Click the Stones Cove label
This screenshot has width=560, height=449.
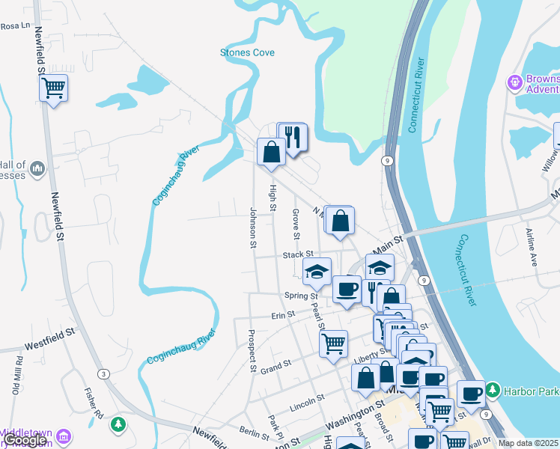click(x=247, y=52)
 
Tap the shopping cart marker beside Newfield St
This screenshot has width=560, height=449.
click(x=53, y=88)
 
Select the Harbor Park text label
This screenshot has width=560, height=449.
click(x=530, y=390)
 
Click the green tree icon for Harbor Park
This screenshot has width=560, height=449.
click(x=493, y=390)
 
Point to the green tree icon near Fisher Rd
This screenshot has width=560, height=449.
click(x=118, y=425)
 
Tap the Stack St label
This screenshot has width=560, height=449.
click(x=297, y=255)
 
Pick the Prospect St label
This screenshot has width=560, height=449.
click(x=253, y=352)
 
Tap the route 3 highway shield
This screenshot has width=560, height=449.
click(x=102, y=373)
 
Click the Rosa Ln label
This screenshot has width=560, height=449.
click(x=14, y=25)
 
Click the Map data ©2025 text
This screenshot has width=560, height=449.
click(x=529, y=443)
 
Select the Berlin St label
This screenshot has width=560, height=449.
click(x=255, y=433)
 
